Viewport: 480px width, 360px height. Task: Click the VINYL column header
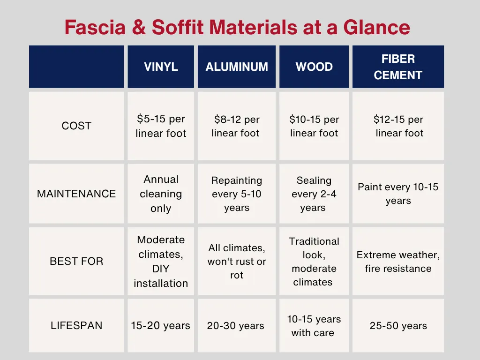click(161, 67)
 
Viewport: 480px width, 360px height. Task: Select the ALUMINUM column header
click(237, 67)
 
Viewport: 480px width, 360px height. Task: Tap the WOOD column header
click(314, 67)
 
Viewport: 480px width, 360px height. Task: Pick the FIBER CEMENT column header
click(398, 67)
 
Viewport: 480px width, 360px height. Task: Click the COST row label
click(76, 126)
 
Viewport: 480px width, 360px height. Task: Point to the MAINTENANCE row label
click(76, 194)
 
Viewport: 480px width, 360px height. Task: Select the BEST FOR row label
click(76, 261)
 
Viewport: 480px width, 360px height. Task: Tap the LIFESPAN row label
click(76, 325)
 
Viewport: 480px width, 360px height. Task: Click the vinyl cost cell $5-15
click(161, 126)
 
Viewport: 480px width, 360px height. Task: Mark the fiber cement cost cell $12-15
click(398, 126)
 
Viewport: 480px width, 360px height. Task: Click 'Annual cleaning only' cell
click(161, 194)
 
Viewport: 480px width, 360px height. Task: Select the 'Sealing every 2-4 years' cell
click(314, 194)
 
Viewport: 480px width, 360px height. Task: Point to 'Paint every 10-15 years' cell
click(398, 194)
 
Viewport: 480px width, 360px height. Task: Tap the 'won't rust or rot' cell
click(237, 261)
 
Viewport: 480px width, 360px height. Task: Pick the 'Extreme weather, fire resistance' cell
click(398, 262)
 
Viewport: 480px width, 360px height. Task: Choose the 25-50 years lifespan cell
click(398, 326)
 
